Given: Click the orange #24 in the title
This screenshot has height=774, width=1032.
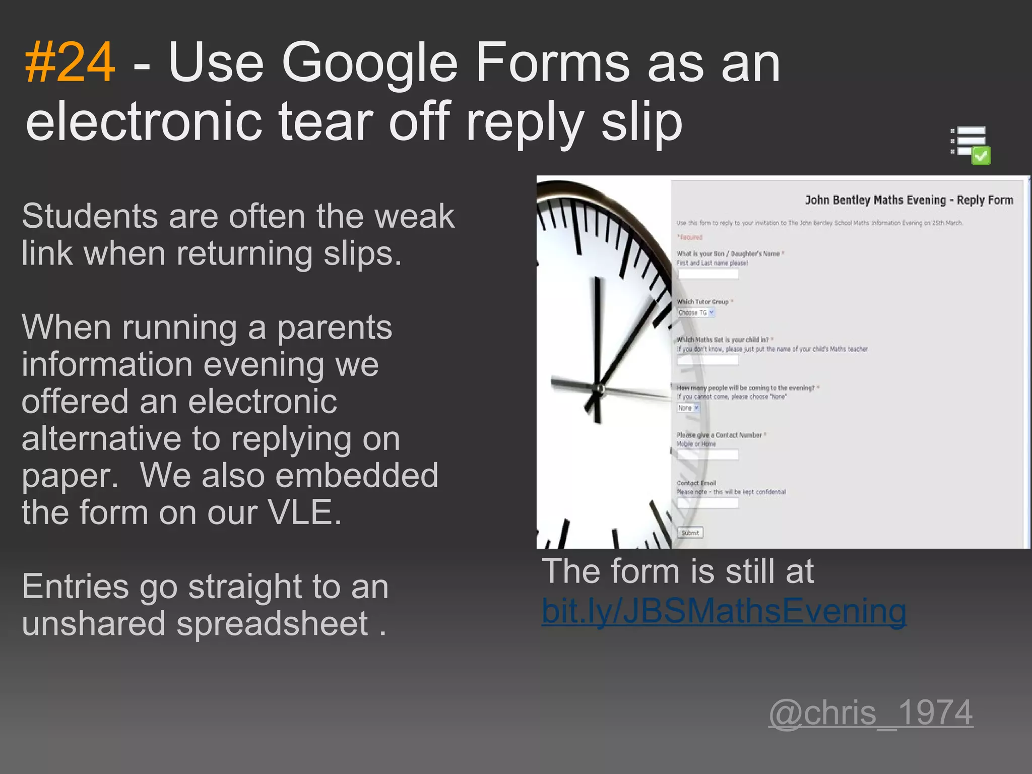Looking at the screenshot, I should pyautogui.click(x=70, y=63).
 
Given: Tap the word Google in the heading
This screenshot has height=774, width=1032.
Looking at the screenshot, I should pyautogui.click(x=370, y=63).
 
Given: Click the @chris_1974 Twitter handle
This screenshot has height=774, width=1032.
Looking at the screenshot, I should pyautogui.click(x=870, y=713).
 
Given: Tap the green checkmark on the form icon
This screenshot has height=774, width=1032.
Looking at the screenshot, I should pyautogui.click(x=981, y=156).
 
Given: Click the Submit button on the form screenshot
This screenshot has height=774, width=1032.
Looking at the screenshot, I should pyautogui.click(x=690, y=533).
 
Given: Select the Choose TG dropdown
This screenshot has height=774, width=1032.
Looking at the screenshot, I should pyautogui.click(x=695, y=313).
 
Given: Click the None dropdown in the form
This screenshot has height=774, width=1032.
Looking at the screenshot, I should pyautogui.click(x=688, y=408).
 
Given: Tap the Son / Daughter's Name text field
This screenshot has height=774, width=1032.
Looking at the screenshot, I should pyautogui.click(x=707, y=274).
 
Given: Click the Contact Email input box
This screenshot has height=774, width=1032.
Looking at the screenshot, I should pyautogui.click(x=707, y=503).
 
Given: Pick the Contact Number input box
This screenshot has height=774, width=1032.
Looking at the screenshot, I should pyautogui.click(x=707, y=455).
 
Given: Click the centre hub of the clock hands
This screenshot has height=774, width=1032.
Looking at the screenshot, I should pyautogui.click(x=600, y=389).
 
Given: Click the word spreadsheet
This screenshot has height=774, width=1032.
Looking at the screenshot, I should pyautogui.click(x=272, y=623).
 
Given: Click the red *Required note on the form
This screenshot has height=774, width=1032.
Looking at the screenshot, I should pyautogui.click(x=689, y=237).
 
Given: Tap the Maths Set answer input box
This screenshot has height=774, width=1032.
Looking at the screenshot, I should pyautogui.click(x=707, y=360).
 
